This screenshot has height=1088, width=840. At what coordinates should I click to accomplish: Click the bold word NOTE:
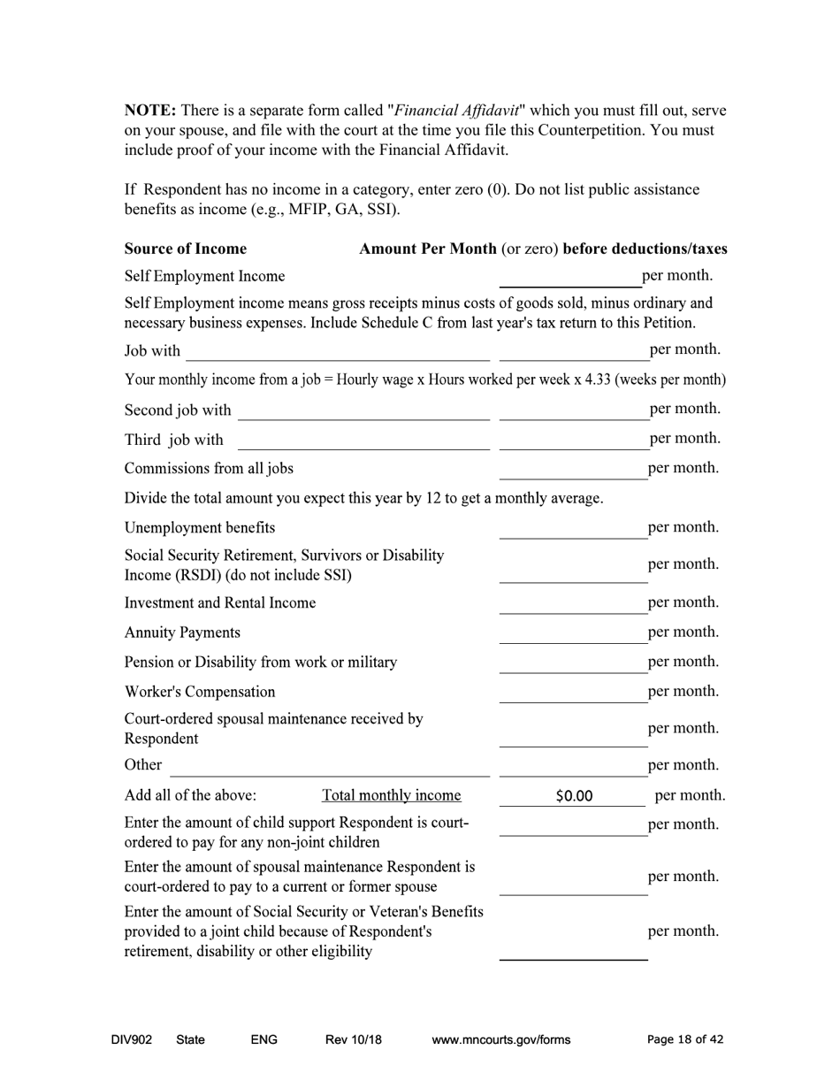150,111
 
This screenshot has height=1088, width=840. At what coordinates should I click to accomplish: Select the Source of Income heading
186,249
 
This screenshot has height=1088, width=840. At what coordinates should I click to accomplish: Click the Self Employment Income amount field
570,277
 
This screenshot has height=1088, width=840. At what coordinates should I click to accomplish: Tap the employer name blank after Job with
337,351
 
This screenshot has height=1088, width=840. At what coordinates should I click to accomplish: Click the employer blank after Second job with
363,410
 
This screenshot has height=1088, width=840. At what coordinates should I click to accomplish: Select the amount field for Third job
573,440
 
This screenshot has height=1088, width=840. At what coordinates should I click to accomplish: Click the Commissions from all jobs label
209,468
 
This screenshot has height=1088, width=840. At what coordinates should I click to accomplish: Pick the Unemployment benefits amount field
573,528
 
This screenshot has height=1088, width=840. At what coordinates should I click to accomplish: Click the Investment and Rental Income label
220,602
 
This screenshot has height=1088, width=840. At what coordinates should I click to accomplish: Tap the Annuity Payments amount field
573,632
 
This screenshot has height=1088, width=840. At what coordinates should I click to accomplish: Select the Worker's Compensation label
200,691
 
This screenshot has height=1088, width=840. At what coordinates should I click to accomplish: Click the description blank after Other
329,765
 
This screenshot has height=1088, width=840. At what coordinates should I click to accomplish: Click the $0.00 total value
574,796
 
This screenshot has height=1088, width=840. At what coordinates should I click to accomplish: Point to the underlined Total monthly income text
392,794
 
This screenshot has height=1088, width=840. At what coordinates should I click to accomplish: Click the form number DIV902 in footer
131,1039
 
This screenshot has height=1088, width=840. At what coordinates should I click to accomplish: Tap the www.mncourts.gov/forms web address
500,1039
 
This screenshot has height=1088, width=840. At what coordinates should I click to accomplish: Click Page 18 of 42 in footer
685,1039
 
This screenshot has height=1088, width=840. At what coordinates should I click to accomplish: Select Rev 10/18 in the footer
353,1039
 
